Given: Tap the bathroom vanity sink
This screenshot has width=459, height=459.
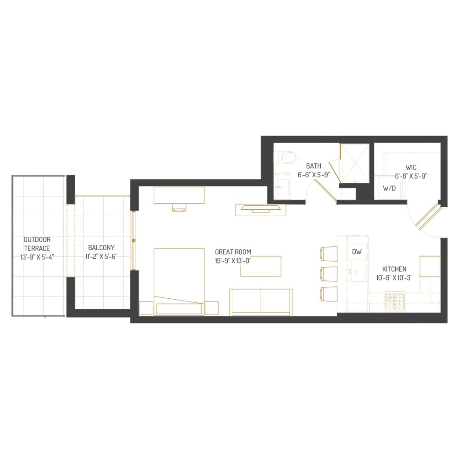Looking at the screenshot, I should click(282, 186).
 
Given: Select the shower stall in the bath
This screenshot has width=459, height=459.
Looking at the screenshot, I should click(355, 163).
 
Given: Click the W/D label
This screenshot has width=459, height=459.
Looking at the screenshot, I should click(389, 188).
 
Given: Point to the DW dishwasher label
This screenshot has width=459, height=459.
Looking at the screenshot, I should click(356, 252).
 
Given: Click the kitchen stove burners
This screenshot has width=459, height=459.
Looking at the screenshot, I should click(395, 301).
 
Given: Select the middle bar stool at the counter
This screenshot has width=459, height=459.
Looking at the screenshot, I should click(329, 274).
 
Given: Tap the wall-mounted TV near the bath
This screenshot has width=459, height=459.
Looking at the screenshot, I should click(261, 209).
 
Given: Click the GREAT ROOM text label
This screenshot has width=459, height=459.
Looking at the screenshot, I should click(233, 252).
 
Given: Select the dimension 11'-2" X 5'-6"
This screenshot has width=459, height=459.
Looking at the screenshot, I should click(101, 256).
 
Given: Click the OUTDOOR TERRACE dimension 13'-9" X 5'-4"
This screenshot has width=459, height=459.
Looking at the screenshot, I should click(37, 257).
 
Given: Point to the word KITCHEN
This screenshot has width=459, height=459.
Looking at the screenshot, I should click(394, 269).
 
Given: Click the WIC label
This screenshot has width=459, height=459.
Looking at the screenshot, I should click(411, 167).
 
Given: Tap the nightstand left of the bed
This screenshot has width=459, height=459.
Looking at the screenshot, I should click(146, 308).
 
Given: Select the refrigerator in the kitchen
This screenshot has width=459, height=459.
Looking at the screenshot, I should click(430, 266).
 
